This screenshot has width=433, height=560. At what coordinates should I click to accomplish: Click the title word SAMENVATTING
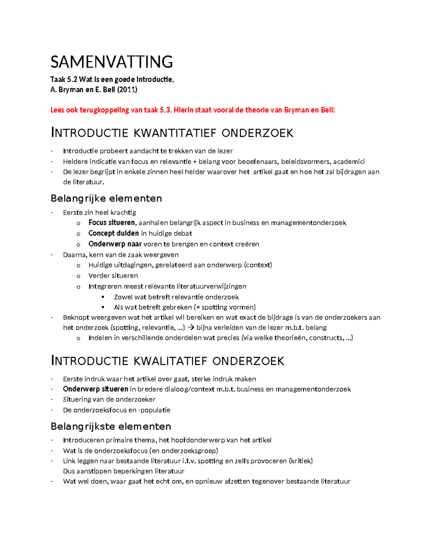point(111,62)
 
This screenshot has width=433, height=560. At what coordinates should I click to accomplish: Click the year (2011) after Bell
point(127,89)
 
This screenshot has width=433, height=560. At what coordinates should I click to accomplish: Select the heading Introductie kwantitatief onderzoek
point(172,133)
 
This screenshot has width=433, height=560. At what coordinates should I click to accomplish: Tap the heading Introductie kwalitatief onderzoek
point(167,361)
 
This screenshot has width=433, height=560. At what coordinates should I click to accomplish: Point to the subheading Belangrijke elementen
point(106,198)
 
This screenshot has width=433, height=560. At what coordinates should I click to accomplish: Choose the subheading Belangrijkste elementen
point(111,426)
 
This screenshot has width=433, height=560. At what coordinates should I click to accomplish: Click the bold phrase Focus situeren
point(112,223)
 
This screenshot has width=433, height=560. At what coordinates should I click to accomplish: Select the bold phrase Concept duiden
point(113,233)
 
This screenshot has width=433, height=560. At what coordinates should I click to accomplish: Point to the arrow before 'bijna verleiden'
point(191,328)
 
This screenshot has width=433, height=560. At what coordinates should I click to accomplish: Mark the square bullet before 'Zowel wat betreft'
point(103,297)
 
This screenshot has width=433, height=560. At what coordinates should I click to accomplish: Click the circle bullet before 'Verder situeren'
point(78,276)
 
